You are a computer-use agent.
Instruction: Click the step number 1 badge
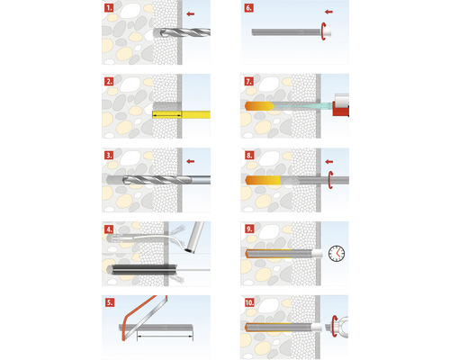pyautogui.click(x=109, y=8)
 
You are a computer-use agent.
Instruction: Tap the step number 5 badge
pyautogui.click(x=110, y=302)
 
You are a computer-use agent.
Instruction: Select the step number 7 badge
pyautogui.click(x=248, y=82)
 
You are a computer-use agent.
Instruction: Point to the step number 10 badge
pyautogui.click(x=249, y=302)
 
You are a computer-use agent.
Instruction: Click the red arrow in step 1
pyautogui.click(x=190, y=13)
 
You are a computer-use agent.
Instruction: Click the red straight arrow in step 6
pyautogui.click(x=328, y=12)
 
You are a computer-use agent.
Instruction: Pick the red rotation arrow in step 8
pyautogui.click(x=330, y=180)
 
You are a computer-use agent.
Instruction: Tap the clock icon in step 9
pyautogui.click(x=337, y=254)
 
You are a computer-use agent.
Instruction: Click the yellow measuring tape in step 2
pyautogui.click(x=181, y=114)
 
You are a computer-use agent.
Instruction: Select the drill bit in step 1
pyautogui.click(x=182, y=32)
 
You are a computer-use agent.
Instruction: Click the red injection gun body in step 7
pyautogui.click(x=341, y=112)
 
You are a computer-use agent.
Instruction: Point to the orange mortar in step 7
pyautogui.click(x=259, y=106)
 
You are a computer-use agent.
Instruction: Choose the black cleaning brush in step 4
pyautogui.click(x=143, y=269)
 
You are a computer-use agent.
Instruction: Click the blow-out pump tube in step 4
pyautogui.click(x=194, y=237)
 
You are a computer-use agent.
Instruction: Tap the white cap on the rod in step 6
pyautogui.click(x=327, y=31)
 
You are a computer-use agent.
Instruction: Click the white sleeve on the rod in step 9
pyautogui.click(x=317, y=254)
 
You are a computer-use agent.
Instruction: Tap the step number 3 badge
pyautogui.click(x=109, y=156)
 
